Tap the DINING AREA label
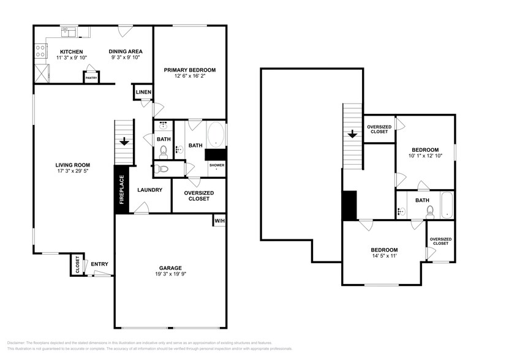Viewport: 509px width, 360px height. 126,51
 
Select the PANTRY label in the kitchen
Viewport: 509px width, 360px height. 91,78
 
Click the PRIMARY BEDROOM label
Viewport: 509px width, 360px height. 189,70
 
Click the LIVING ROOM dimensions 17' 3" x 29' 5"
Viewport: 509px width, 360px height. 73,171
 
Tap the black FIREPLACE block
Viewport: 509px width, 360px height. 121,190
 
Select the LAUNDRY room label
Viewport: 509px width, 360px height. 150,190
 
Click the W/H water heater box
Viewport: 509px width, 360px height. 219,220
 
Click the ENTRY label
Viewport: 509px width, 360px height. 99,264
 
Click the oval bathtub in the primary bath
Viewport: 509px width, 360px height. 216,135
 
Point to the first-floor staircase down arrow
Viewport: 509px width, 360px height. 124,141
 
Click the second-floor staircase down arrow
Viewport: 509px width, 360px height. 352,134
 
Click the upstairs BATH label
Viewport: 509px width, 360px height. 422,200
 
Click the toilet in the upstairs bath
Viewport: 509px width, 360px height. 431,211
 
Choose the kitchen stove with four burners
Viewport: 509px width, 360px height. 40,50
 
